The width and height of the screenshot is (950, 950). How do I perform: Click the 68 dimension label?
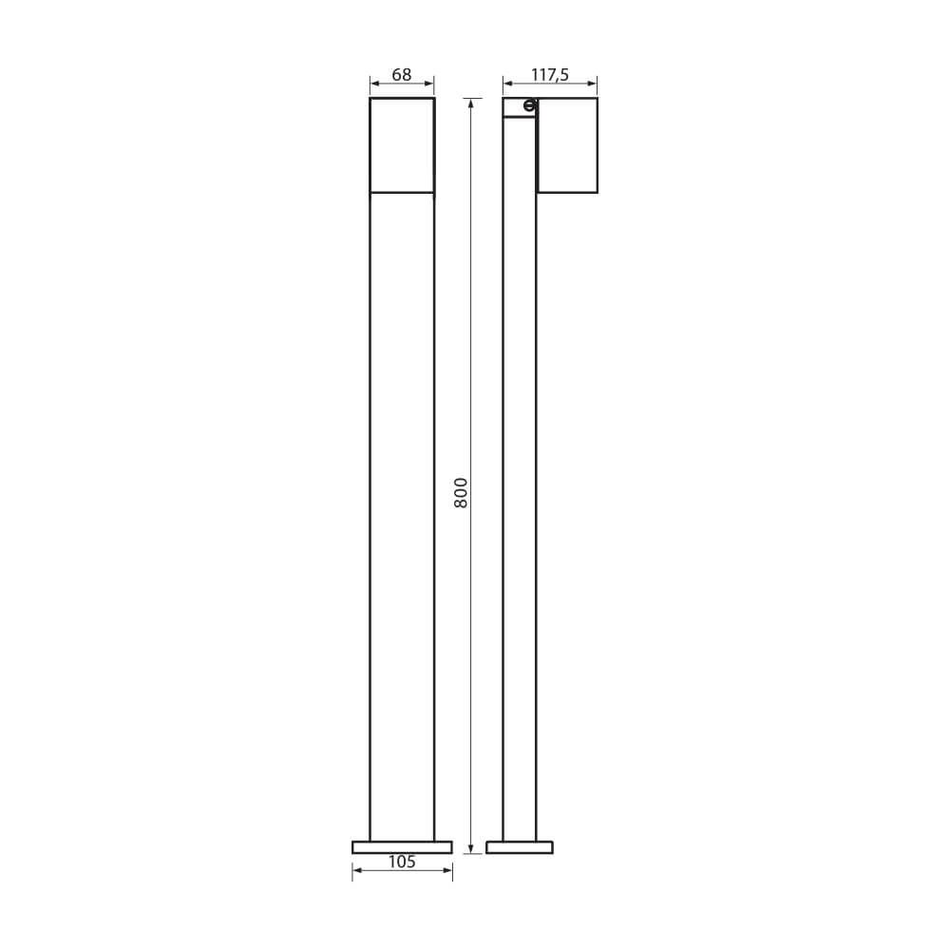tap(402, 74)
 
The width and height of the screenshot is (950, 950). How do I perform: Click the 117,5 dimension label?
tap(550, 75)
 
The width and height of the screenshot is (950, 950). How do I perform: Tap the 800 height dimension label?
tap(461, 492)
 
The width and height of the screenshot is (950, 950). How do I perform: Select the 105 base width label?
tap(402, 862)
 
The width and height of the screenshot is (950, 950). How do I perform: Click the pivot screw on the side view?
tap(529, 106)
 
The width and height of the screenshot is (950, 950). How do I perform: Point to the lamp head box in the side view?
tap(568, 145)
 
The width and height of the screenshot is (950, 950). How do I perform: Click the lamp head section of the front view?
tap(402, 145)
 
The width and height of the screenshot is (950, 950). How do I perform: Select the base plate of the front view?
tap(402, 847)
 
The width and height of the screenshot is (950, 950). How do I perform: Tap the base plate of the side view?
tap(520, 847)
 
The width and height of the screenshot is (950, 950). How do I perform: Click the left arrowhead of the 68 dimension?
tap(373, 84)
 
